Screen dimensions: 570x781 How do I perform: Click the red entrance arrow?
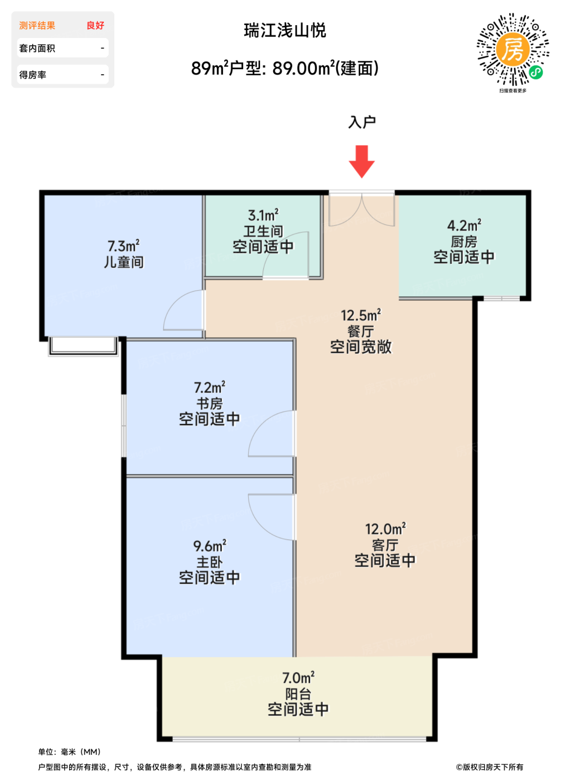[361, 161]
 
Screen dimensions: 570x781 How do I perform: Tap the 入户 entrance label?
[362, 122]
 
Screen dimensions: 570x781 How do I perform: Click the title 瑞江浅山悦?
[285, 30]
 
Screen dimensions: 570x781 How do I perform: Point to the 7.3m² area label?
[123, 246]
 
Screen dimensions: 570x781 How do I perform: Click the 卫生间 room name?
[263, 232]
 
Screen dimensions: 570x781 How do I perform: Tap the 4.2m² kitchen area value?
[464, 225]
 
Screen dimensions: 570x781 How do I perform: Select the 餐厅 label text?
[361, 331]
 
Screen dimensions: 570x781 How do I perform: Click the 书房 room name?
[210, 403]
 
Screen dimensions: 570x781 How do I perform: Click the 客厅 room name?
[385, 545]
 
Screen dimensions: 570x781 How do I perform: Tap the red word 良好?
[95, 26]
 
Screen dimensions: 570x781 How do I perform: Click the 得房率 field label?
[32, 75]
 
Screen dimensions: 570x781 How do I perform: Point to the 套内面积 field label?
[37, 48]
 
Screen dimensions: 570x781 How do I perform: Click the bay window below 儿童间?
[83, 346]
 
